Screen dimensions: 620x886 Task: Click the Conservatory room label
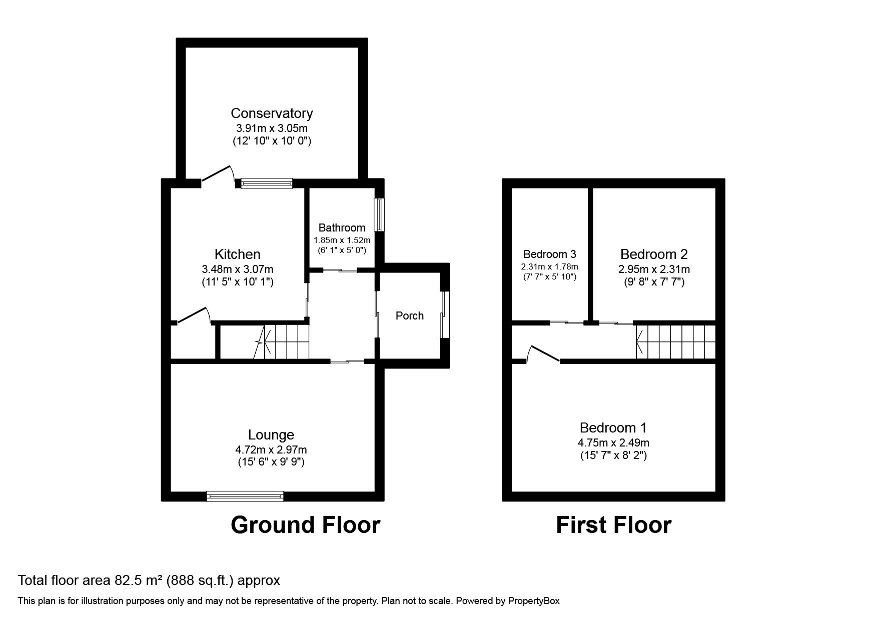click(x=272, y=113)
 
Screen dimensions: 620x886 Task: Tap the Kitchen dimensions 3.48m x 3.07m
click(x=237, y=269)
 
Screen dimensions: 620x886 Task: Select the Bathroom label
click(x=342, y=228)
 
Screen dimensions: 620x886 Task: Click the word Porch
click(x=409, y=315)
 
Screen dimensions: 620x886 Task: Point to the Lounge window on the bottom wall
click(x=245, y=496)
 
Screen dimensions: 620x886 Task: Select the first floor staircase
click(x=675, y=342)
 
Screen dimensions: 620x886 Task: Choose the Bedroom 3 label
click(x=549, y=254)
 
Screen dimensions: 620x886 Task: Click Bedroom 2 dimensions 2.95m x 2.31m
click(x=654, y=269)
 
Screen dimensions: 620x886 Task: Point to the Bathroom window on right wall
click(x=380, y=215)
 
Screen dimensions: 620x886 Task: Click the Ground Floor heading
click(x=305, y=525)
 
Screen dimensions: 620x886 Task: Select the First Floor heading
click(x=613, y=525)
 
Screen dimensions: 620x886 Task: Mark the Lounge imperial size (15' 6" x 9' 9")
click(x=271, y=461)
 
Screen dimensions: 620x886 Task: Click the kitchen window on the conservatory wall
click(x=266, y=183)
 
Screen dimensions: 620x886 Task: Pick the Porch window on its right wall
click(x=445, y=315)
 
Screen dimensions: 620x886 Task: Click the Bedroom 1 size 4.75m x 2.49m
click(x=613, y=442)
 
